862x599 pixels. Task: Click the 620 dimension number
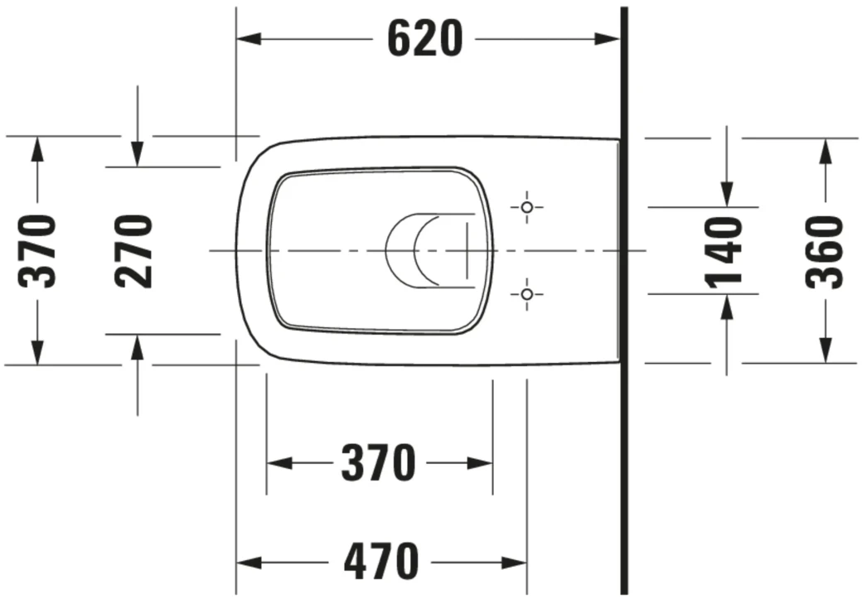[424, 39]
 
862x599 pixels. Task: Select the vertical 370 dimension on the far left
[38, 250]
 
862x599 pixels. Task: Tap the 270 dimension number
[134, 250]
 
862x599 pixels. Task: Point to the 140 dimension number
[725, 251]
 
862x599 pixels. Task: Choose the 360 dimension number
[825, 251]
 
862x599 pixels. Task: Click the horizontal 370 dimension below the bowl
[378, 463]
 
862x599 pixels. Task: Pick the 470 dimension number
[381, 563]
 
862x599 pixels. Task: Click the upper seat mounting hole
[526, 206]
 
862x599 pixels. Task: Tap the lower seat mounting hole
[526, 293]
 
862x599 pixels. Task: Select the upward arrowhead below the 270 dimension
[138, 348]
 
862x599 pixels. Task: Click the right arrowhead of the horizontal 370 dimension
[480, 463]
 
